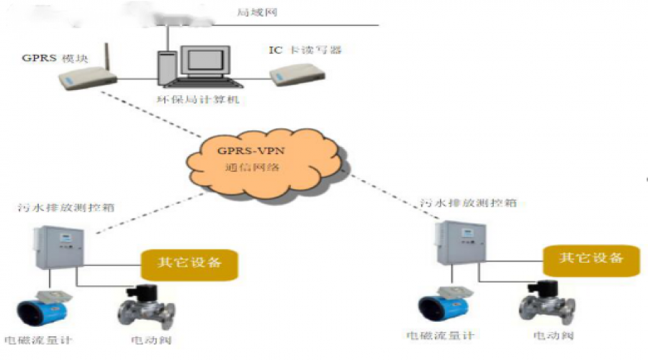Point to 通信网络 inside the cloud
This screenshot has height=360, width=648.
tap(251, 166)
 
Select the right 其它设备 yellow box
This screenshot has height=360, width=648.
tap(591, 258)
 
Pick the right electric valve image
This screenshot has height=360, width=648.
tap(546, 302)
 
